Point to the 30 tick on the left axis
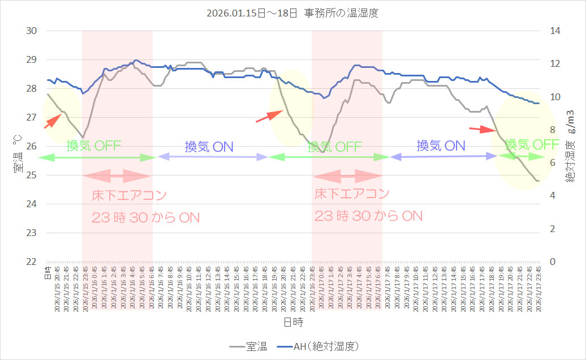tap(32, 31)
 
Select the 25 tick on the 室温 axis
tap(32, 175)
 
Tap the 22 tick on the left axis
tap(32, 262)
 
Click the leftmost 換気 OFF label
tap(93, 145)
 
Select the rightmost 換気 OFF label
tap(532, 144)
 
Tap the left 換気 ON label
tap(209, 147)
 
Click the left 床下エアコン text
tap(130, 196)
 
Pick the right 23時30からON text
tap(368, 216)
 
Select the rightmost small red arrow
tap(482, 129)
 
